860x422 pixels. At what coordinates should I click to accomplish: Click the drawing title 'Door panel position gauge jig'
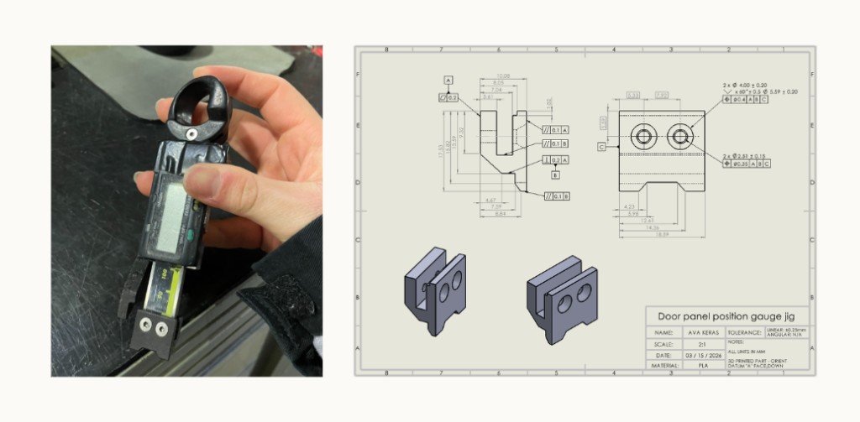point(727,316)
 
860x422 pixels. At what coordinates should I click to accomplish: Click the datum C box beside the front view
point(602,146)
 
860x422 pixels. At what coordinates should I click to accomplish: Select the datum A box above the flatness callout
point(448,81)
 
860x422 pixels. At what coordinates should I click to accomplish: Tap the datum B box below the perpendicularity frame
point(555,175)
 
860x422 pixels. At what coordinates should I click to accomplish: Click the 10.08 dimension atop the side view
point(504,76)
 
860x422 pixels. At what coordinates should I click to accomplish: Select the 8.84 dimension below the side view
point(502,214)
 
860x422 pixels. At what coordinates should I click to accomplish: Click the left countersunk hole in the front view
point(644,136)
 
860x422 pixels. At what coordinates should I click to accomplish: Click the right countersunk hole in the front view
point(679,136)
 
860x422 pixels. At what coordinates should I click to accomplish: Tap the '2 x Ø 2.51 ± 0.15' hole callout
point(758,155)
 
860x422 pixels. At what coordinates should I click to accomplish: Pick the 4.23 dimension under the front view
point(629,206)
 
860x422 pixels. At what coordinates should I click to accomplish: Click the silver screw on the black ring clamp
point(191,133)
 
